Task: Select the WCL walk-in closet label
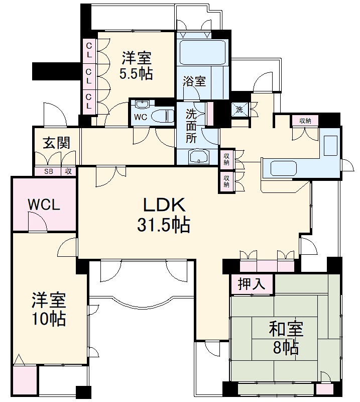44,205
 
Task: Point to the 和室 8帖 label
285,338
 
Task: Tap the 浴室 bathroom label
194,81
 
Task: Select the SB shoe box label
48,171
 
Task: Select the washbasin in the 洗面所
200,157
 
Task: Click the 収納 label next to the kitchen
305,121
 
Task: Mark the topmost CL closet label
88,51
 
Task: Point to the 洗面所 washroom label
191,126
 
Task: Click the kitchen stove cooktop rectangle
332,146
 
